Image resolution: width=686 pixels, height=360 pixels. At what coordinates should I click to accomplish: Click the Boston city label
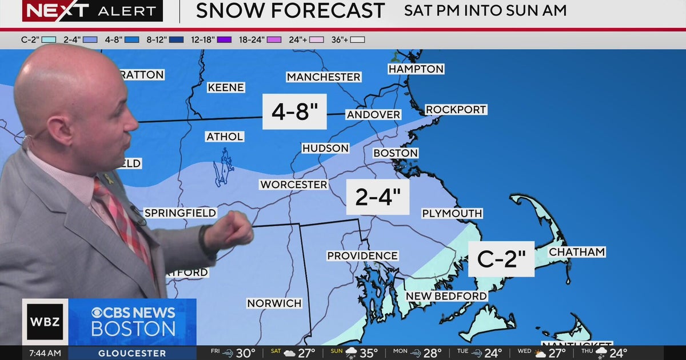396,153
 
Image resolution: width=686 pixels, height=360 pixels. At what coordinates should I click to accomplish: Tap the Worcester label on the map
293,185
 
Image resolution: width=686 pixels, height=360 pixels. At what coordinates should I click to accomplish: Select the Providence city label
362,255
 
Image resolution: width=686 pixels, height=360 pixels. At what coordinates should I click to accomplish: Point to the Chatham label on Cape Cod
576,252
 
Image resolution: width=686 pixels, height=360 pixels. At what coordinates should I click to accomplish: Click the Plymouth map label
452,213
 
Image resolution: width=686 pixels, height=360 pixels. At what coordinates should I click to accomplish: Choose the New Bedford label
446,296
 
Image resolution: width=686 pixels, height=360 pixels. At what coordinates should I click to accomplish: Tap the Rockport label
456,109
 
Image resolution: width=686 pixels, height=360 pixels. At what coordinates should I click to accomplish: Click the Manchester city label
324,77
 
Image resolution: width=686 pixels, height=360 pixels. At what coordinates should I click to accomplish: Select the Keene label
226,87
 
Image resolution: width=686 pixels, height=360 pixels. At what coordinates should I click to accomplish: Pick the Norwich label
274,303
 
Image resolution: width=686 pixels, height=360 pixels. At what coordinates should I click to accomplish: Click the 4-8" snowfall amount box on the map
294,112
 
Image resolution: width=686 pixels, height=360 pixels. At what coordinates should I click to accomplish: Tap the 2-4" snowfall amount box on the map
378,197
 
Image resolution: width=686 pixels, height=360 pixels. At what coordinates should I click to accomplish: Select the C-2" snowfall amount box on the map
501,259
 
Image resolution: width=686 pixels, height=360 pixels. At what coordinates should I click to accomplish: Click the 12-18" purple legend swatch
224,40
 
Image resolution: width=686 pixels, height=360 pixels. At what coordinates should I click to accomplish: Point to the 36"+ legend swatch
358,40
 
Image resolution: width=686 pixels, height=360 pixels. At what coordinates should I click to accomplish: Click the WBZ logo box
45,322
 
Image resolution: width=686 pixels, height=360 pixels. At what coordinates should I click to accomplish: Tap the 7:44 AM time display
43,353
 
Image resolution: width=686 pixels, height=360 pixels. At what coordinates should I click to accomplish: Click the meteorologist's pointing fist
234,230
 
